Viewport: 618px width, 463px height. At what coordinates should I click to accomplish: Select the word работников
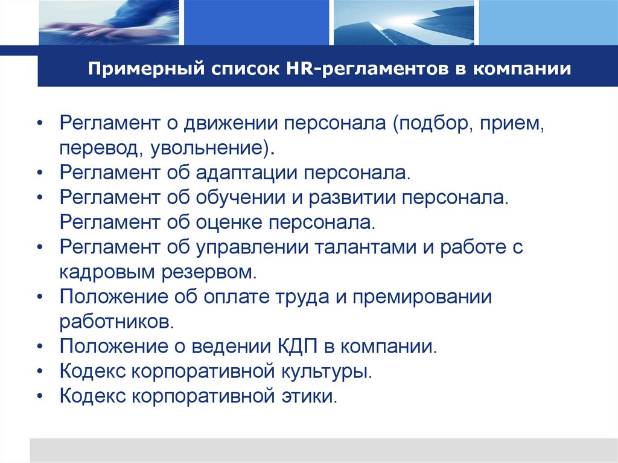(116, 321)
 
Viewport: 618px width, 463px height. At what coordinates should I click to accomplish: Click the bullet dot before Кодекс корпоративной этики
(39, 397)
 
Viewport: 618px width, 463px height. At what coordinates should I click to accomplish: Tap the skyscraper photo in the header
(403, 22)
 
